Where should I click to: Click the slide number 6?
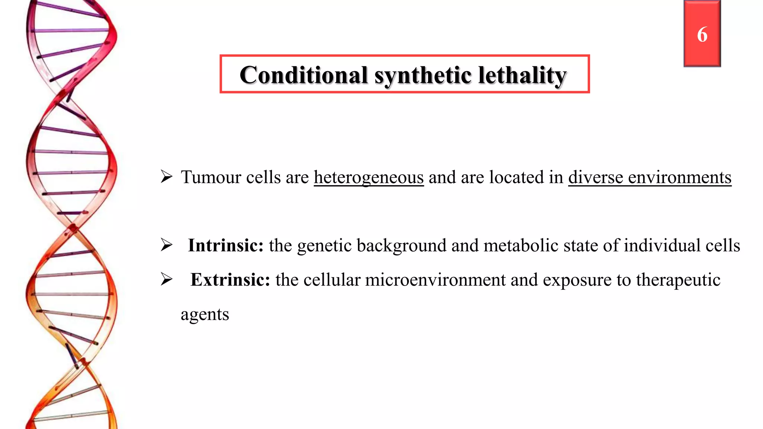click(702, 35)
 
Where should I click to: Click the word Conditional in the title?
click(304, 75)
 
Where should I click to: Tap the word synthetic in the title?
click(423, 76)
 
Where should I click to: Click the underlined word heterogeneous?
click(368, 177)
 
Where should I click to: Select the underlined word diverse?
click(595, 177)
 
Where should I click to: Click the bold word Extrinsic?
click(230, 280)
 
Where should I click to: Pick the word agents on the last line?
click(205, 315)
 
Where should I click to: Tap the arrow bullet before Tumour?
click(167, 177)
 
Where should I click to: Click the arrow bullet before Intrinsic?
click(167, 245)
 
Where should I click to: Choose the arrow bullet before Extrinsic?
click(167, 279)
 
